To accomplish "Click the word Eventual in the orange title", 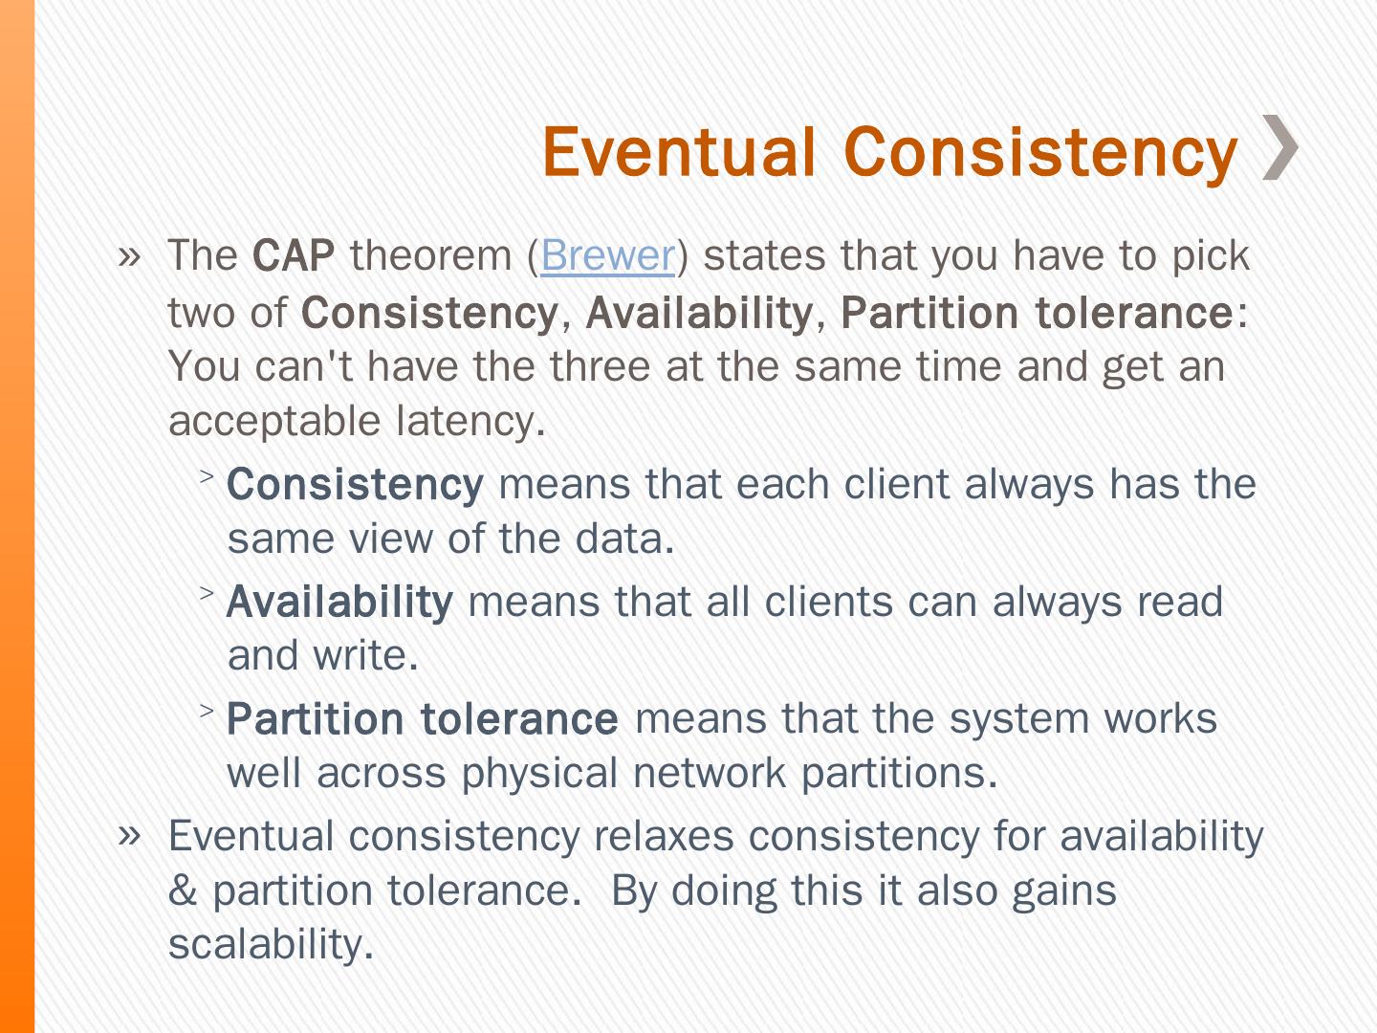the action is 679,151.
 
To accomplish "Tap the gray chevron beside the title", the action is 1279,147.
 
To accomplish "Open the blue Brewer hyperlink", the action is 607,256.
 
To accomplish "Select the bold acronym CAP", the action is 293,256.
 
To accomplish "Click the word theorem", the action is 431,256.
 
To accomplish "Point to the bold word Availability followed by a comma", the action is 699,313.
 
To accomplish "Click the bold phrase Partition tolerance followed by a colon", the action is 1037,313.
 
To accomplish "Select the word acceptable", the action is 274,422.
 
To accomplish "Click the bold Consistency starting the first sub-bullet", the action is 355,486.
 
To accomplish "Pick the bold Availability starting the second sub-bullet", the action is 339,603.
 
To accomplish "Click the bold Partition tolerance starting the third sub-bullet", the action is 423,718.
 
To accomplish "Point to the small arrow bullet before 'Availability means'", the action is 207,593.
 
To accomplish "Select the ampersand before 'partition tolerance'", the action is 183,890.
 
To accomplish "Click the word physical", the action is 539,774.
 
